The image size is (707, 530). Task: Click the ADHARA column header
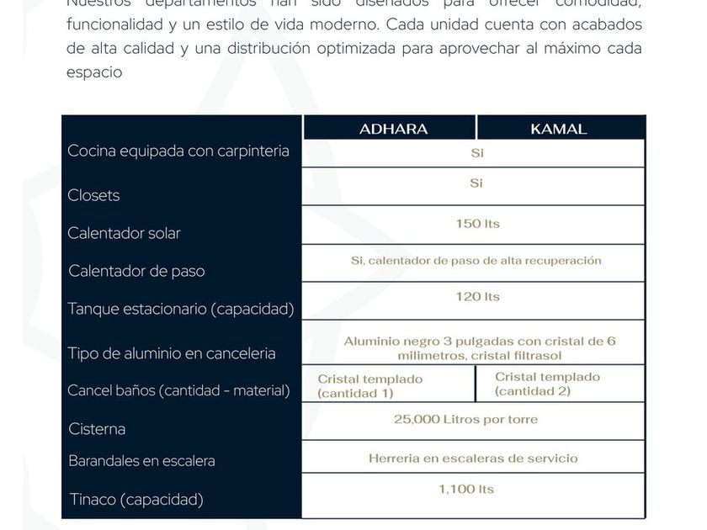point(393,129)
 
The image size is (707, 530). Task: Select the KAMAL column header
point(558,129)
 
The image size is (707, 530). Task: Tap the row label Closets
point(93,195)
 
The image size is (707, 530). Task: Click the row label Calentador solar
point(124,233)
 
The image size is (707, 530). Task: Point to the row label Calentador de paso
point(136,271)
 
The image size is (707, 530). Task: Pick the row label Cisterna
point(97,429)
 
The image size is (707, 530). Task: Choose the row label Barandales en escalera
point(141,461)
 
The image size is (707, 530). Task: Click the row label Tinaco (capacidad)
point(136,500)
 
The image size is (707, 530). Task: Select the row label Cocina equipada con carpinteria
point(178,151)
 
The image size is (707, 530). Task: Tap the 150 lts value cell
point(477,224)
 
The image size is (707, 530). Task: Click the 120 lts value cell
point(477,296)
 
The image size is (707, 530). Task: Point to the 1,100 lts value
point(465,489)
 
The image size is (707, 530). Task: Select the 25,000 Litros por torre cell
point(465,419)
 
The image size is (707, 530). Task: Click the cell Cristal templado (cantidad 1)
point(369,385)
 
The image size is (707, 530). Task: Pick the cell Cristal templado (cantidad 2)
point(547,384)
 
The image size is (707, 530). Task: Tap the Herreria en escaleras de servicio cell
point(473,458)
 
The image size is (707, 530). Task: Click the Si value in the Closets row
point(476,183)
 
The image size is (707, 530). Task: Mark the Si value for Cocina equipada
point(476,153)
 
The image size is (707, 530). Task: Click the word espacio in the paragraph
point(94,72)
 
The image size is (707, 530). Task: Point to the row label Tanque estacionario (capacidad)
point(180,309)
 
